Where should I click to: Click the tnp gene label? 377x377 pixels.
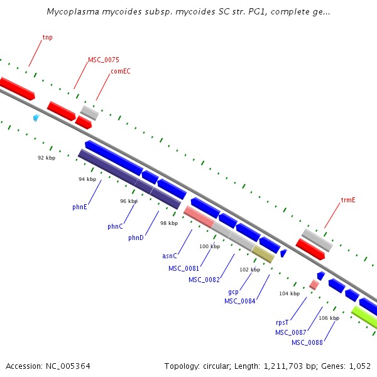coord(47,38)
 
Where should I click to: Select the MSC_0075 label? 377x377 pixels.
coord(104,60)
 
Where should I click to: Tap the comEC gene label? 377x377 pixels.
coord(121,72)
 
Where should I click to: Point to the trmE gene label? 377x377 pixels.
coord(348,200)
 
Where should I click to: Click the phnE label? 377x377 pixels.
coord(80,205)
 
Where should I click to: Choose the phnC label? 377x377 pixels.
coord(115,226)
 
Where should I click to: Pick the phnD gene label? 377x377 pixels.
coord(136,238)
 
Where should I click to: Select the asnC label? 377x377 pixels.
coord(170,256)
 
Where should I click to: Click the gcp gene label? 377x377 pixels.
coord(233,292)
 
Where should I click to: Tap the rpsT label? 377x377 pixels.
coord(282,322)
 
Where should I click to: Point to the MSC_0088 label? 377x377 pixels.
coord(307,342)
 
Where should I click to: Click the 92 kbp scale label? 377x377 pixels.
coord(46,158)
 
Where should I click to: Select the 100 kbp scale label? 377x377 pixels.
coord(210,246)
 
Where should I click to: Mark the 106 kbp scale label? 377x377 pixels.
coord(329,318)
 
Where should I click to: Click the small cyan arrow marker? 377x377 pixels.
coord(36,117)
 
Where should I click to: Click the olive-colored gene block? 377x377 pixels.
coord(263,254)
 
